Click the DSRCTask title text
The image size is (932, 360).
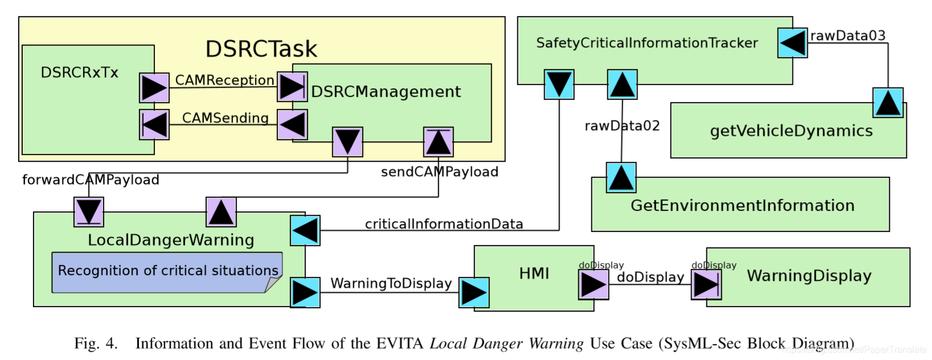[x=261, y=48]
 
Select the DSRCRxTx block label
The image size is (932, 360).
[x=79, y=72]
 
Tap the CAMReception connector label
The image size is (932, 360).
[x=224, y=80]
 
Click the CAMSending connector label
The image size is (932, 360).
[x=226, y=118]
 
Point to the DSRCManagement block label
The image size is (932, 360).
[x=386, y=92]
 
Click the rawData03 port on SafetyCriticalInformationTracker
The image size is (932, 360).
[x=792, y=43]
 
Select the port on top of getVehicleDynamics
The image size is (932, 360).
[x=888, y=103]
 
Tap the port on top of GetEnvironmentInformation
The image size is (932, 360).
[x=621, y=178]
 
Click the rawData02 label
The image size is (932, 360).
[x=623, y=126]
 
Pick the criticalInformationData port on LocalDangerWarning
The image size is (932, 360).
[x=305, y=231]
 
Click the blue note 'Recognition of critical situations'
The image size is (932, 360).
[x=167, y=272]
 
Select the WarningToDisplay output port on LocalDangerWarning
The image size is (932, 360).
[x=305, y=293]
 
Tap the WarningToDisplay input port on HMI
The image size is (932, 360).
[x=474, y=293]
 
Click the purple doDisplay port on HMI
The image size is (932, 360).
[x=594, y=285]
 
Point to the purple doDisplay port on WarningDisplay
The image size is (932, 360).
[x=706, y=285]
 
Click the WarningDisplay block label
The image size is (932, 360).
[x=810, y=276]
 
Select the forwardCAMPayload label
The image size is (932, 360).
[x=91, y=180]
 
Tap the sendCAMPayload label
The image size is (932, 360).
[x=440, y=172]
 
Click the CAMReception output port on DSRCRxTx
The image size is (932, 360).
[x=154, y=88]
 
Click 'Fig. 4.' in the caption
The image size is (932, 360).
[x=96, y=344]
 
